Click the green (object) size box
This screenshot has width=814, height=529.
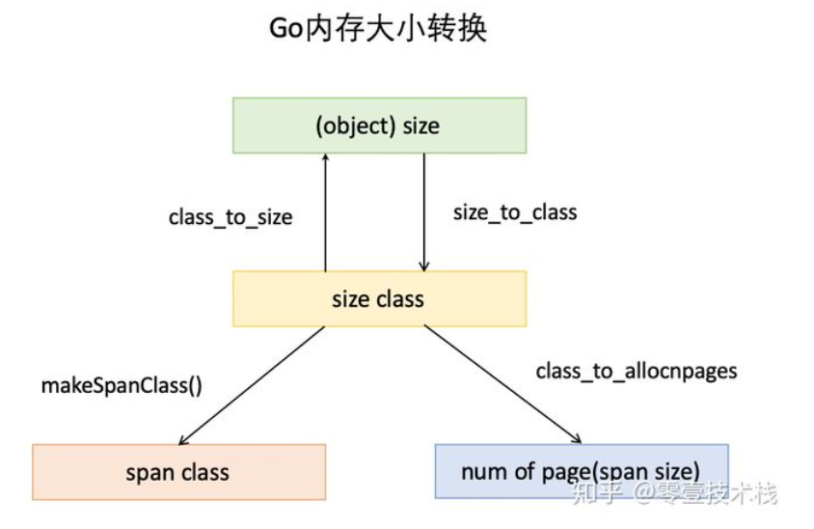pos(379,125)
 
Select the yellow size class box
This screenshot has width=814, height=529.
pos(379,298)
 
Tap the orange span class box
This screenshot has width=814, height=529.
pos(178,472)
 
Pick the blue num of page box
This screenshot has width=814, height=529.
pos(581,472)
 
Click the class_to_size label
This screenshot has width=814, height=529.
pos(231,217)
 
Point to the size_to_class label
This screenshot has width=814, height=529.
pos(515,212)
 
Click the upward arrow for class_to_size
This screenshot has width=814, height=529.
pos(325,212)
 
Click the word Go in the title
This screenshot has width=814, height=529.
pos(286,28)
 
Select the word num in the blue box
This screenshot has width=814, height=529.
pos(482,472)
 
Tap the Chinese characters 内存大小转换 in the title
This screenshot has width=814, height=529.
pos(395,28)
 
